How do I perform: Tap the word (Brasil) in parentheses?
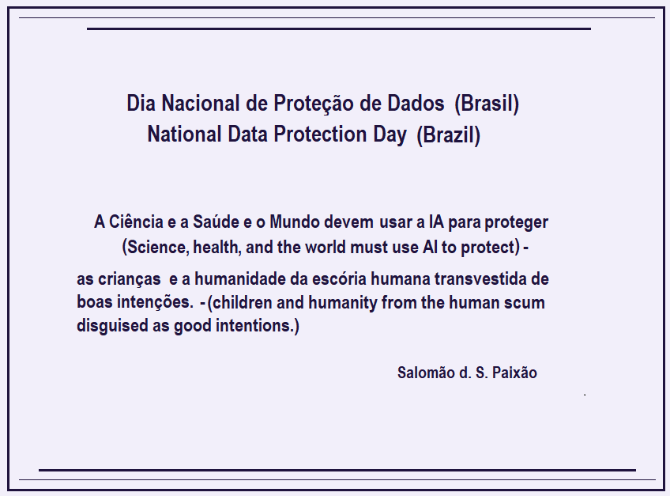point(487,104)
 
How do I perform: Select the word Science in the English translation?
point(156,247)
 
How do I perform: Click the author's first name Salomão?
point(425,373)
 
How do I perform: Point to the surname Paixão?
point(515,373)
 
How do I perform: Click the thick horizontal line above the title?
point(338,28)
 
